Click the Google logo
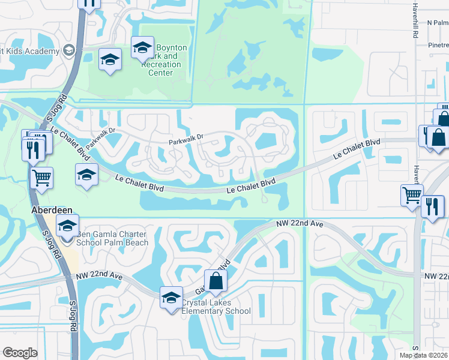pyautogui.click(x=20, y=353)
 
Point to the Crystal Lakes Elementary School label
pyautogui.click(x=215, y=307)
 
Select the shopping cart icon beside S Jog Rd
pyautogui.click(x=41, y=178)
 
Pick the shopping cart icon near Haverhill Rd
pyautogui.click(x=412, y=195)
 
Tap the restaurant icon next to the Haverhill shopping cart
pyautogui.click(x=432, y=206)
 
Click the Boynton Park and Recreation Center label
pyautogui.click(x=165, y=60)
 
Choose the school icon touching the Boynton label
pyautogui.click(x=142, y=48)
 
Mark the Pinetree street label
pyautogui.click(x=438, y=45)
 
